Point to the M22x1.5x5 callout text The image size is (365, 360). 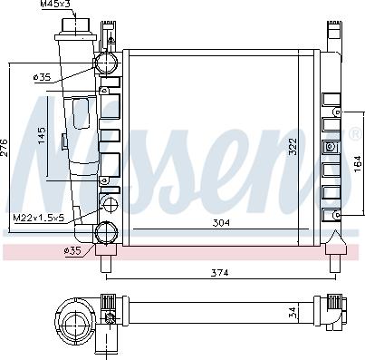coord(37,218)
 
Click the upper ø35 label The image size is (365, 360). coord(41,78)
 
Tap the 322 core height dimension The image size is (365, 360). coord(292,147)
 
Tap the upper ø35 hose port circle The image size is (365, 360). coord(108,63)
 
